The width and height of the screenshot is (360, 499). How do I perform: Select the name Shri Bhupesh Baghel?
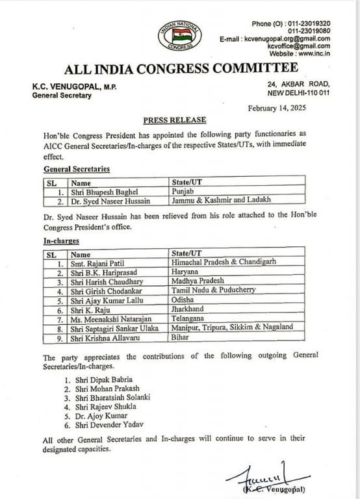[x=103, y=192]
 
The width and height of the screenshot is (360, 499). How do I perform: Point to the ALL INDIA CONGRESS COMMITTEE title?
[x=181, y=69]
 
